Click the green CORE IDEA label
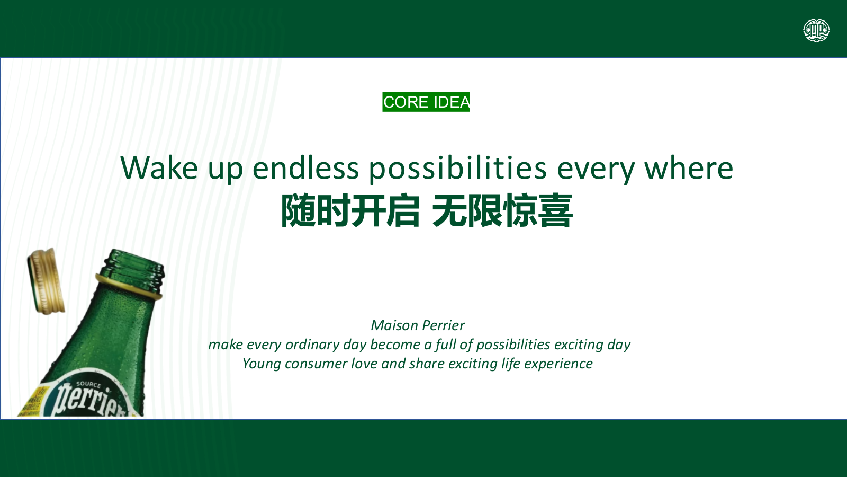pos(426,102)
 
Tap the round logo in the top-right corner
pos(816,30)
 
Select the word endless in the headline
pos(305,167)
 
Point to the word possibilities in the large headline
pos(458,169)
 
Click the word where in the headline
pos(689,167)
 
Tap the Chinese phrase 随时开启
pos(350,210)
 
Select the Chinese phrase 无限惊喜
pos(502,210)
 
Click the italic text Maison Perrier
pos(418,325)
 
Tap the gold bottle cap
pos(46,281)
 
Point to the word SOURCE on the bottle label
pos(88,385)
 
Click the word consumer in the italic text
pos(316,364)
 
